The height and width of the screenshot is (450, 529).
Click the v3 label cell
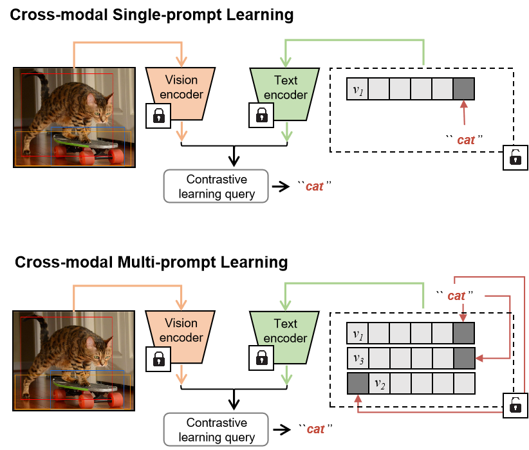pos(357,358)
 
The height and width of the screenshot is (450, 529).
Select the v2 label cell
pos(379,384)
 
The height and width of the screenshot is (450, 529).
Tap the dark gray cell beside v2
pos(357,384)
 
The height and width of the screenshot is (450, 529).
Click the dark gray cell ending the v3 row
pos(463,358)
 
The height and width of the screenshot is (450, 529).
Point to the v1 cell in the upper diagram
pos(358,89)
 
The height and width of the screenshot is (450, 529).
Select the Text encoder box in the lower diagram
pos(284,331)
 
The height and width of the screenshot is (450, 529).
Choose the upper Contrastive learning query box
pos(216,187)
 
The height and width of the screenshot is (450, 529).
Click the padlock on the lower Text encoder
pos(261,358)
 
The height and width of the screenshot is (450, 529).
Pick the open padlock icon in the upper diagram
pos(515,157)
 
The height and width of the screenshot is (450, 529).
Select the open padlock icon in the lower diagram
pos(515,404)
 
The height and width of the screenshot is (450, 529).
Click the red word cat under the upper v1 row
pos(465,140)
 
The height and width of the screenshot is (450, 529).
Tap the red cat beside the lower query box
pos(315,429)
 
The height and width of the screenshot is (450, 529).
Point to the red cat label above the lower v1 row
pos(456,295)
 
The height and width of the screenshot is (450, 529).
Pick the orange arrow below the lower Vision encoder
pos(182,376)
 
